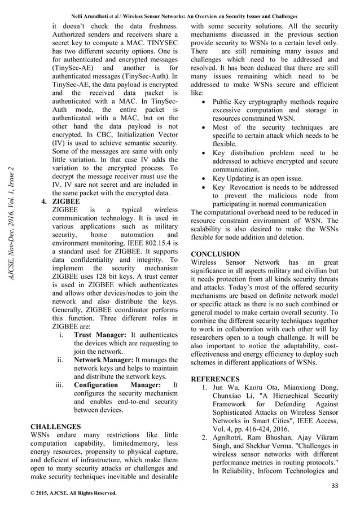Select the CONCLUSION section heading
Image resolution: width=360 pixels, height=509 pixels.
(216, 254)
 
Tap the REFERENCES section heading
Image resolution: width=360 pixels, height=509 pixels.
(216, 379)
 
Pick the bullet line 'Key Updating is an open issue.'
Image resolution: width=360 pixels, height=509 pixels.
(257, 179)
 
